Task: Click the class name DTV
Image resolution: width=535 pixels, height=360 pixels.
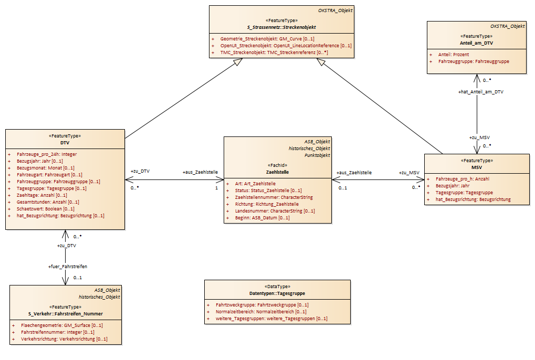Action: [x=65, y=143]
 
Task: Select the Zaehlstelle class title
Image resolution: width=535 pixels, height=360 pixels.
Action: [x=277, y=172]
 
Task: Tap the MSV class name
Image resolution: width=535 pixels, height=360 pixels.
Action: [x=477, y=167]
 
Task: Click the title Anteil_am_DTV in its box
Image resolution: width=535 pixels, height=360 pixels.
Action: [x=476, y=43]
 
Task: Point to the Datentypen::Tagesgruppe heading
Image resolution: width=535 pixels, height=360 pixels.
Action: [x=277, y=293]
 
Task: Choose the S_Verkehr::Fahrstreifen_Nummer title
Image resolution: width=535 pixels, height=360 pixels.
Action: [x=66, y=314]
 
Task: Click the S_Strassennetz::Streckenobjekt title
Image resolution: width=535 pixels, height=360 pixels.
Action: [x=281, y=27]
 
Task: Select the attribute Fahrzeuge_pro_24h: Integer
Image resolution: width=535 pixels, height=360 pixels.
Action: [x=47, y=154]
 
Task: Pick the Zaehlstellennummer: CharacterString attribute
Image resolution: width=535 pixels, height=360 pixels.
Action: [x=274, y=197]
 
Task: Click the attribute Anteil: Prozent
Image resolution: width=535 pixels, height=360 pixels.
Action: [x=454, y=55]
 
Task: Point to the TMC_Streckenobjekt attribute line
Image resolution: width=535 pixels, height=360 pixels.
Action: [x=274, y=52]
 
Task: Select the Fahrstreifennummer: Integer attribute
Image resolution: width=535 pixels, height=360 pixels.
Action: [x=58, y=332]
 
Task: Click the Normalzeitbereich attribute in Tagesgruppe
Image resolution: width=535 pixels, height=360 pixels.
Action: [x=261, y=312]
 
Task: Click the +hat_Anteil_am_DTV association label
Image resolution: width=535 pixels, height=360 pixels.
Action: [x=481, y=92]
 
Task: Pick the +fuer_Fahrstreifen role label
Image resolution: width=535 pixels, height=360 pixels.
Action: [x=68, y=267]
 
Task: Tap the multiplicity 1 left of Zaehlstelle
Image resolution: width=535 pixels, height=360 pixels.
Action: [x=216, y=188]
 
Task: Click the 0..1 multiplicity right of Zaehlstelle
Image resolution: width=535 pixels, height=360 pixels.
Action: [x=343, y=188]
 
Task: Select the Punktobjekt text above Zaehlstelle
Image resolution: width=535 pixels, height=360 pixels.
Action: [x=317, y=155]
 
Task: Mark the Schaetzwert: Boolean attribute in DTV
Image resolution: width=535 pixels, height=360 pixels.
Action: [x=45, y=209]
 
